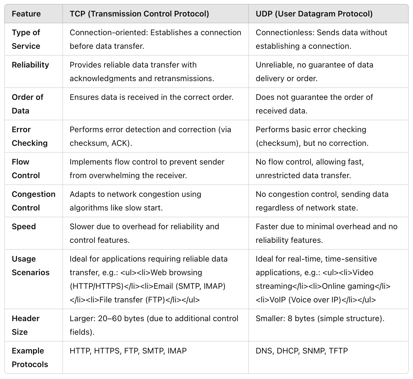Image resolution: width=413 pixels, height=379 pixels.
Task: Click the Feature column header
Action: pos(26,14)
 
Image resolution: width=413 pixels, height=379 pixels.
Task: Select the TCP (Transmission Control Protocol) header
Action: pos(139,14)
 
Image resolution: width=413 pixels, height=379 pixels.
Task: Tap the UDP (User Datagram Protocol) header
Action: pos(314,14)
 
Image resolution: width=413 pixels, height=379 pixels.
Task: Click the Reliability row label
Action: pos(30,65)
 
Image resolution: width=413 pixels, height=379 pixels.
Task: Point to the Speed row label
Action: pos(24,227)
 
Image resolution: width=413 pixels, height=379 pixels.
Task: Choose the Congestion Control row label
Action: pos(34,201)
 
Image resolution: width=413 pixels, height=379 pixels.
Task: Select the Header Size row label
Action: pos(26,325)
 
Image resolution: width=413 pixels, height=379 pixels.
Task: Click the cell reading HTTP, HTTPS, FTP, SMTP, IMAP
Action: pos(128,351)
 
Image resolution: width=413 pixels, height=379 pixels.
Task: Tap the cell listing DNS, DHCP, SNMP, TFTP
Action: pos(302,351)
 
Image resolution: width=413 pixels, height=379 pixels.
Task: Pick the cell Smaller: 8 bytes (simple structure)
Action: pos(320,319)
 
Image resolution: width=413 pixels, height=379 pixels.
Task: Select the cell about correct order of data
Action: pos(151,97)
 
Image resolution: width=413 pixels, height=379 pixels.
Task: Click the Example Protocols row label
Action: pos(30,357)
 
